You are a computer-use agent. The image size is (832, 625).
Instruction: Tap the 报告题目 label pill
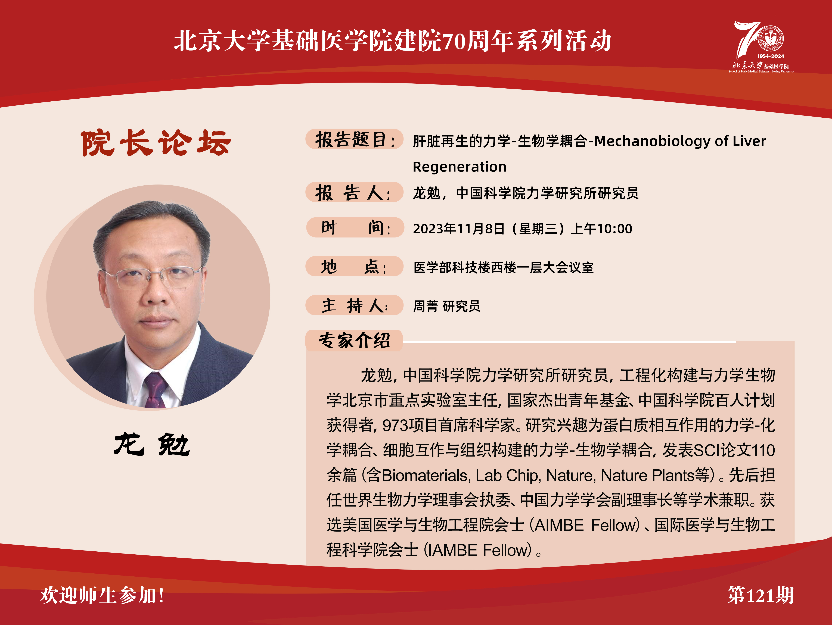pos(354,139)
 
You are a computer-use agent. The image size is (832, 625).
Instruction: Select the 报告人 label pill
pos(354,192)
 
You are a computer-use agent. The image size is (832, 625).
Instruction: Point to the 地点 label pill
pos(354,266)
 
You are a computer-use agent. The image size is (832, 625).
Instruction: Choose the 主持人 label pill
pos(354,305)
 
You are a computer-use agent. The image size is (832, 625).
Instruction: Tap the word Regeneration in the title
pos(459,167)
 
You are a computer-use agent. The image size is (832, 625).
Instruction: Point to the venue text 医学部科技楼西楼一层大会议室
pos(503,267)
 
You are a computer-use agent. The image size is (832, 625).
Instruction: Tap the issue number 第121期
pos(760,595)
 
